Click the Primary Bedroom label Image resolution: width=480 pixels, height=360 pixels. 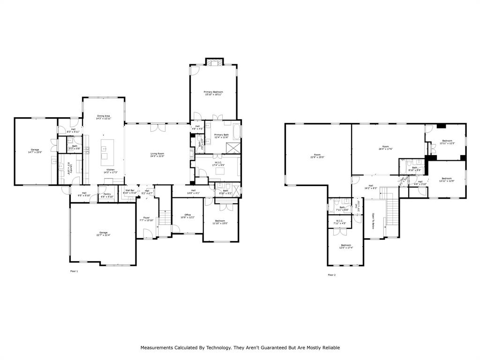coord(213,92)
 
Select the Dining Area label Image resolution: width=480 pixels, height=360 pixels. coord(103,116)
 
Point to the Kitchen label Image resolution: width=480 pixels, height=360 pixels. coord(110,170)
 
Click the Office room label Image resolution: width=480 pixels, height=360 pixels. coord(187,215)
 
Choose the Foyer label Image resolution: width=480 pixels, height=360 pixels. coord(146,218)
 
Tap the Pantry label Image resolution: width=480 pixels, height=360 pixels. coord(107,194)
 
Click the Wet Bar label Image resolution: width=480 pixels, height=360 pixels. coord(130,190)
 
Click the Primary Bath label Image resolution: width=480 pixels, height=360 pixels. coord(221,135)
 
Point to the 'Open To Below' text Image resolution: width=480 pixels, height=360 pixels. coord(373,221)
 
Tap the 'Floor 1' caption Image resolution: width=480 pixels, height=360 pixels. coord(74,271)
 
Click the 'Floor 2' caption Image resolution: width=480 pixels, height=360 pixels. coord(331,275)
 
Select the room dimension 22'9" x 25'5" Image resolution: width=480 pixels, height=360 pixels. coord(317,157)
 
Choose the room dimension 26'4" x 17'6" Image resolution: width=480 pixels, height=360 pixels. coord(386,149)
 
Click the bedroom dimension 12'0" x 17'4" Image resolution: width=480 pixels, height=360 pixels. coord(346,247)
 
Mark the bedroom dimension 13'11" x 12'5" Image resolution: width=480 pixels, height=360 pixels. coord(447,143)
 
